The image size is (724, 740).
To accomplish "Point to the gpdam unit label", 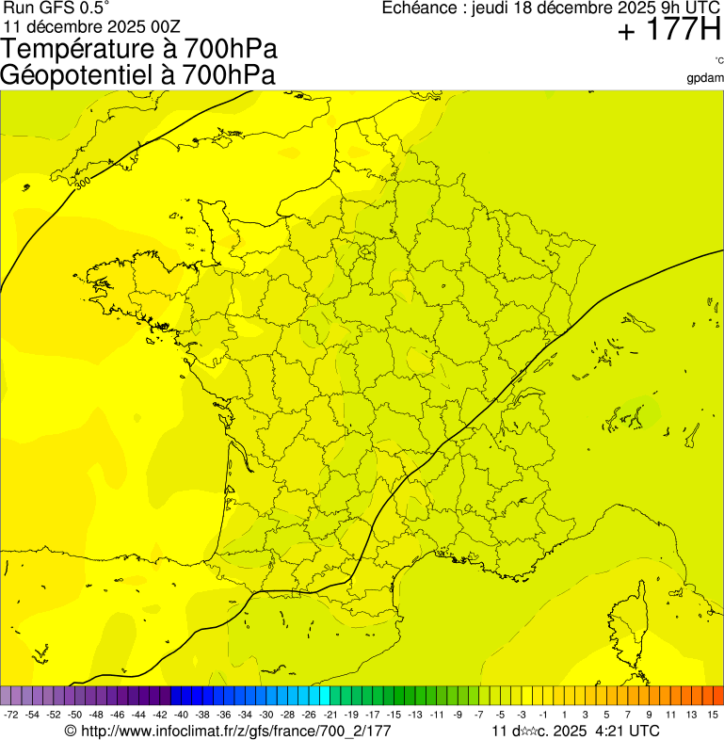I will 705,78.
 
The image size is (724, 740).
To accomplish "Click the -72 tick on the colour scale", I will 11,716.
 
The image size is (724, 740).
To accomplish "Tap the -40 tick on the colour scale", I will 180,716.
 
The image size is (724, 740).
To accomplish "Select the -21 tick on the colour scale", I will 330,716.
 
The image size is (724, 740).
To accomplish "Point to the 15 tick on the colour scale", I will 714,716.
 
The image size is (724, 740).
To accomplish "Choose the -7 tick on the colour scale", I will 478,716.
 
